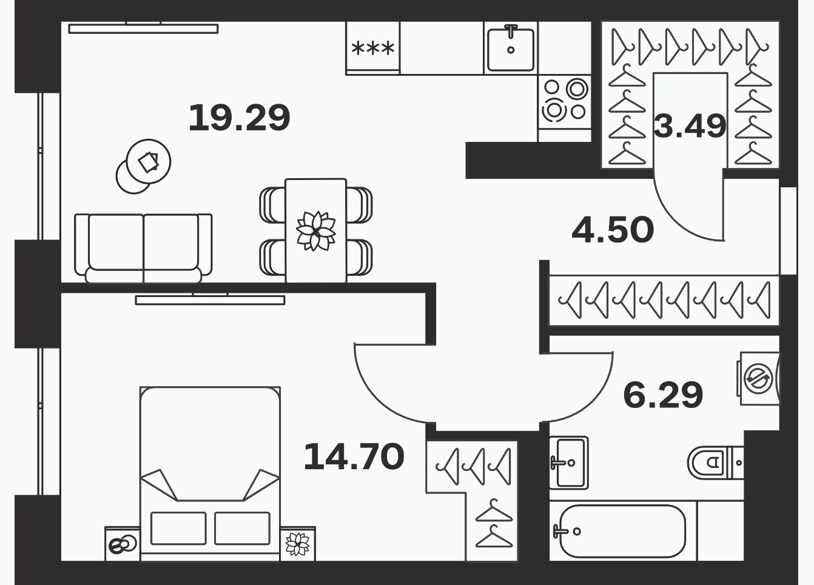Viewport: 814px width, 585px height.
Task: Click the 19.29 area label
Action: [x=239, y=118]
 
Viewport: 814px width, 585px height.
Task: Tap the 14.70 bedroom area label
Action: [x=354, y=456]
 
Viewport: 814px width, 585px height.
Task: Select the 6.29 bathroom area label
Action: [x=663, y=395]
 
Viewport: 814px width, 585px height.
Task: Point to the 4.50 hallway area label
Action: [x=613, y=230]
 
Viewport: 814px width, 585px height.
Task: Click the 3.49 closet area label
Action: [x=690, y=125]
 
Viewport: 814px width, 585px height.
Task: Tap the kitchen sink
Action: [x=511, y=48]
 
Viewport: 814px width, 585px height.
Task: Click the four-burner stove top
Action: [x=564, y=102]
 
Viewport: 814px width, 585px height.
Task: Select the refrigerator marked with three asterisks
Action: [x=373, y=48]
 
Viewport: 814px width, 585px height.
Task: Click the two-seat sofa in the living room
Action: [x=143, y=249]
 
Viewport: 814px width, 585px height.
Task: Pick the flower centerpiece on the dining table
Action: [x=316, y=231]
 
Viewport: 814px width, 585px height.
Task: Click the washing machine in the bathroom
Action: [x=758, y=378]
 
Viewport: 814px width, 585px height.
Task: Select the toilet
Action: [x=715, y=463]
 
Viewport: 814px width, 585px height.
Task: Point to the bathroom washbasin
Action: [x=569, y=463]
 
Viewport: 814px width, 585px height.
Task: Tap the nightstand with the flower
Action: [x=298, y=544]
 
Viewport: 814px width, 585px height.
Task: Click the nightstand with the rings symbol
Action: [x=123, y=544]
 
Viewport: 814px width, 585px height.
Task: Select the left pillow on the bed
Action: [x=178, y=529]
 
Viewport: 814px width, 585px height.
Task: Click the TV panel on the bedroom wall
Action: [x=210, y=299]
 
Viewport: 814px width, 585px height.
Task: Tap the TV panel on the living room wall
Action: [x=143, y=28]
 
